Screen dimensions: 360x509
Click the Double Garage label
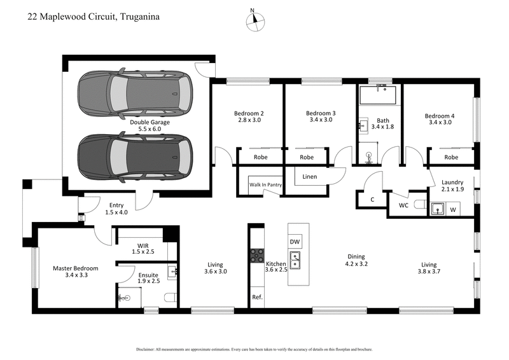[x=146, y=121]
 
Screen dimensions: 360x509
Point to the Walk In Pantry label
[x=265, y=185]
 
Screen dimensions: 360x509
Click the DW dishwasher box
[x=295, y=242]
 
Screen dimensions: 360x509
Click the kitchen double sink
[x=295, y=260]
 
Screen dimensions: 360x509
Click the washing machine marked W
[x=453, y=209]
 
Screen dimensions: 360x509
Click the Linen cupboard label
[x=310, y=176]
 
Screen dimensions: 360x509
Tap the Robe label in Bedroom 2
[x=260, y=156]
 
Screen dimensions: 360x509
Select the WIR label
[x=143, y=245]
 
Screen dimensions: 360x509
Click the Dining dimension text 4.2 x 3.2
[x=356, y=263]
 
